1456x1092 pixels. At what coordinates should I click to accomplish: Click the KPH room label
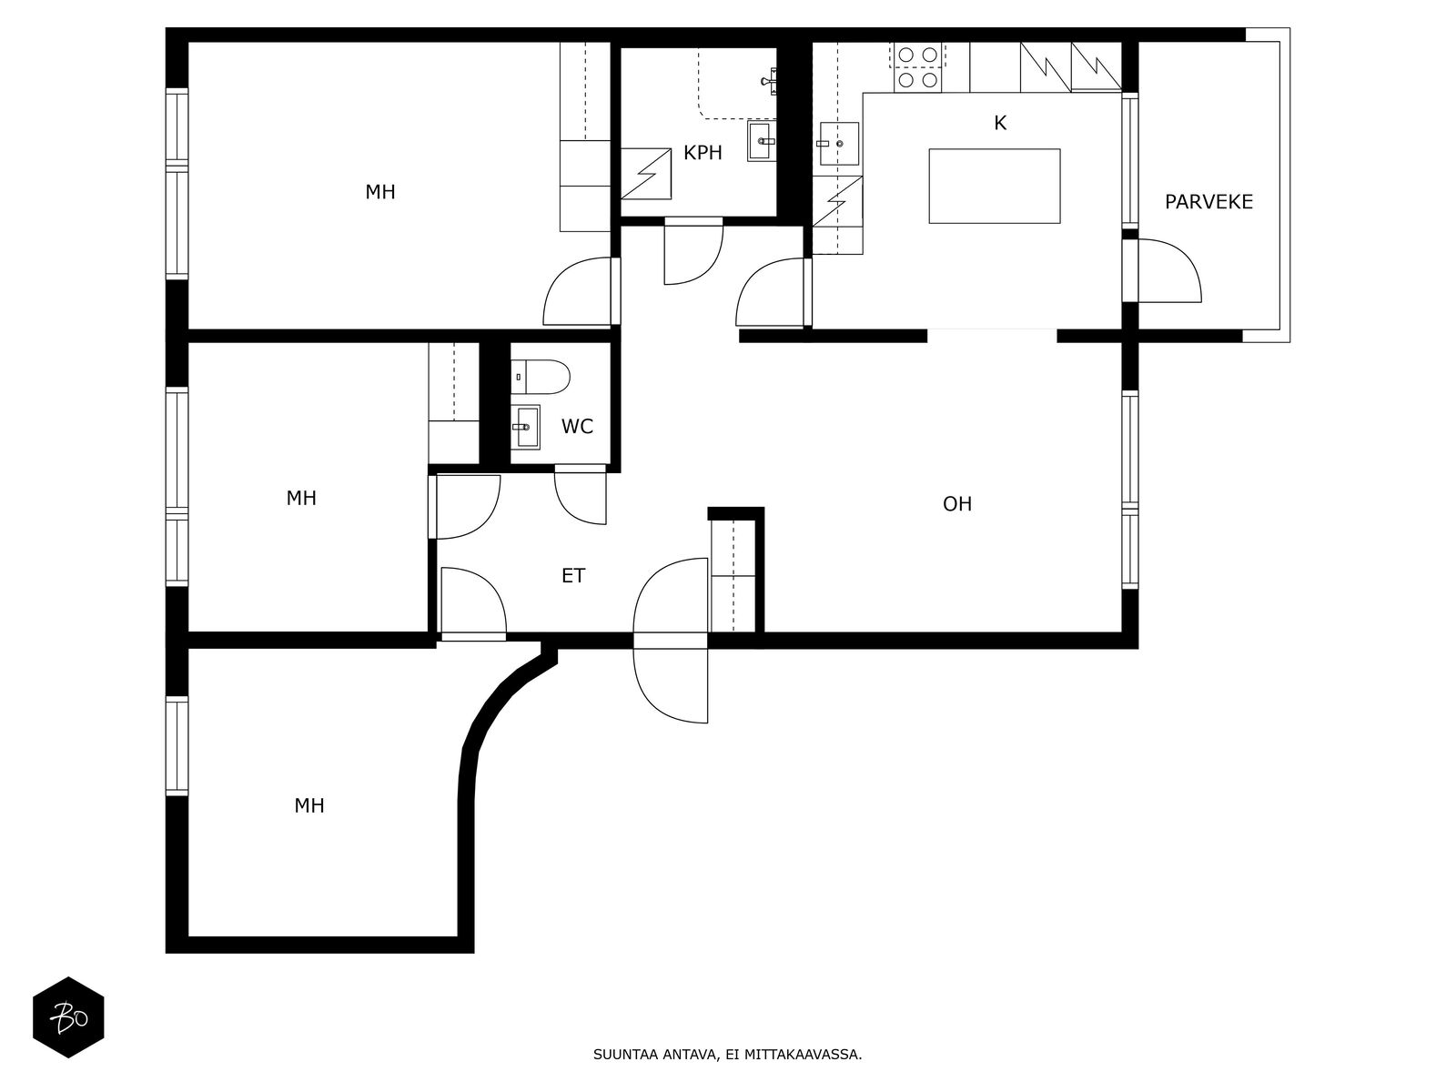[x=703, y=153]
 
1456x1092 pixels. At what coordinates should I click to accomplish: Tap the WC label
[x=576, y=427]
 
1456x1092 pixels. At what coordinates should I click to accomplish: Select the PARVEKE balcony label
[x=1208, y=202]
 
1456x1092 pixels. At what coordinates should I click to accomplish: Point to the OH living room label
[x=957, y=504]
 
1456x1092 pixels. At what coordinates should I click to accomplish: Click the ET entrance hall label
[x=573, y=576]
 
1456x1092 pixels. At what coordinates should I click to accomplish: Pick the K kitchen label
[x=1000, y=124]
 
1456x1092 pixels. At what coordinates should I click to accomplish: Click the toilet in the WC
[x=540, y=378]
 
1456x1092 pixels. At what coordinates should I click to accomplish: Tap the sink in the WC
[x=525, y=427]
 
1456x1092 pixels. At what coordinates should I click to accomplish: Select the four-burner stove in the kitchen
[x=918, y=67]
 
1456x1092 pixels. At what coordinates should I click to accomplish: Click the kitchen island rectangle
[x=995, y=187]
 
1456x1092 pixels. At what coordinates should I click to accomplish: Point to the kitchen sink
[x=838, y=143]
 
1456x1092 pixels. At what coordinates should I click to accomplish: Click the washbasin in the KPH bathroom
[x=762, y=140]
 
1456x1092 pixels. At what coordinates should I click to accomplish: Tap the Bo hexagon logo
[x=68, y=1017]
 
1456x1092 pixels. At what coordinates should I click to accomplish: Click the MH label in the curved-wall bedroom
[x=309, y=806]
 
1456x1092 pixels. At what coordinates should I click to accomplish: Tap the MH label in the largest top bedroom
[x=380, y=192]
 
